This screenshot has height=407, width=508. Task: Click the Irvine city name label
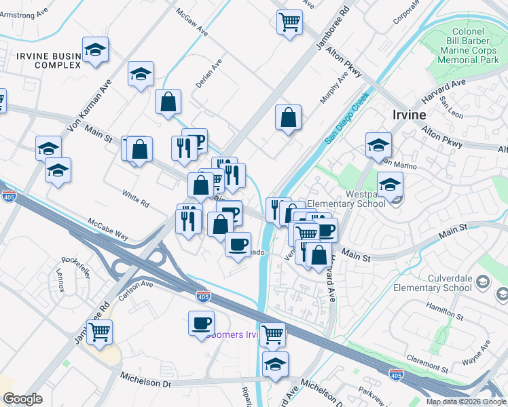(409, 115)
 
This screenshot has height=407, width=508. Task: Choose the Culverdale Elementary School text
(450, 283)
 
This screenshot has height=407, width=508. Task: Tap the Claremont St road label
(424, 360)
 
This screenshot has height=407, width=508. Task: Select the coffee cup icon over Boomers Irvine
(201, 322)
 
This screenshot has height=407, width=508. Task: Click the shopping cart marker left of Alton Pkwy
(289, 21)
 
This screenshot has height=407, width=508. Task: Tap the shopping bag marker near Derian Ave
(168, 102)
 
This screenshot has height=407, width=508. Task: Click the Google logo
(23, 399)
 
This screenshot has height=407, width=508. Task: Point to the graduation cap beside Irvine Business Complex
(96, 50)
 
